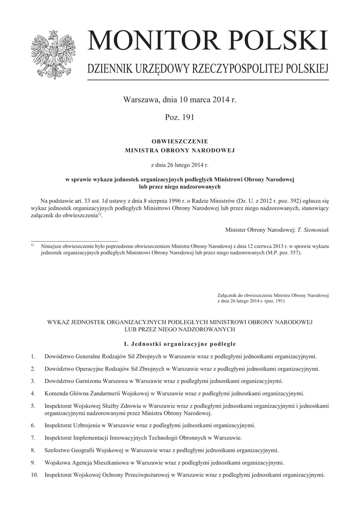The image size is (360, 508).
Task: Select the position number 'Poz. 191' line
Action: click(179, 118)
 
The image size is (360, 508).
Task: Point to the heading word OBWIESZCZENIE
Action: click(179, 141)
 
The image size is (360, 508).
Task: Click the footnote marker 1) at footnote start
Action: click(32, 245)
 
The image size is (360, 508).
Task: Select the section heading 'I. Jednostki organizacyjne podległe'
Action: click(179, 344)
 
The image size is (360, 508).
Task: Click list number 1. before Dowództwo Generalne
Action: click(33, 357)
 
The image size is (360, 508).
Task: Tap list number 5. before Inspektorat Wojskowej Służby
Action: click(33, 406)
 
